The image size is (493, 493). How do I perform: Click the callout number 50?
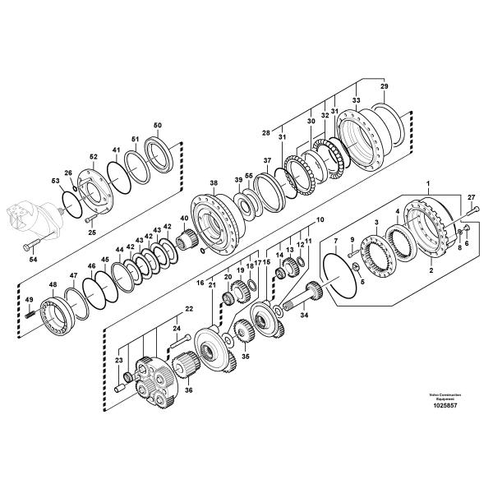(158, 125)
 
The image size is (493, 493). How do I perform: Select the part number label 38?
(213, 182)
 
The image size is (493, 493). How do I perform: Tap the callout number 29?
(383, 86)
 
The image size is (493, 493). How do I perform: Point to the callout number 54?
(34, 260)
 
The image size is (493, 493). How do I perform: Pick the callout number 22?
(188, 309)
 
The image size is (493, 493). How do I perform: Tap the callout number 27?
(471, 197)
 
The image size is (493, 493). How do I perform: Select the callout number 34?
(304, 314)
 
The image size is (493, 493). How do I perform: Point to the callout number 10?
(320, 220)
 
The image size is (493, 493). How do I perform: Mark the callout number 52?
(93, 157)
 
